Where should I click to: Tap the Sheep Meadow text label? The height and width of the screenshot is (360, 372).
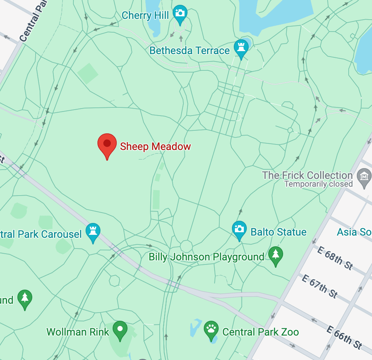155,146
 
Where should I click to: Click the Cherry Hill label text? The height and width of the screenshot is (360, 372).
145,16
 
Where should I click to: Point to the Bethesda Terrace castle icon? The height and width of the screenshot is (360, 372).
242,48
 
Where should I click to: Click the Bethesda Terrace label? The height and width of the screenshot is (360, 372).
189,50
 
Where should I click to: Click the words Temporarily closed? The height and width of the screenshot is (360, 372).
318,184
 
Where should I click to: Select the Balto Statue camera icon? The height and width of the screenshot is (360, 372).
239,229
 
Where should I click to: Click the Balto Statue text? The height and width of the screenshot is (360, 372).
279,232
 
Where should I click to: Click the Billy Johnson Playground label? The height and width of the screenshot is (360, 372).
206,257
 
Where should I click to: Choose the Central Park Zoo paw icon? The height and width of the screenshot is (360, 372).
211,329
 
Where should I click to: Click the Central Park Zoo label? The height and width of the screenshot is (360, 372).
260,332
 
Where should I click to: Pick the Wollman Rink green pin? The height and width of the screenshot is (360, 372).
120,329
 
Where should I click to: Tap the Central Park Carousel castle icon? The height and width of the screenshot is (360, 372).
93,231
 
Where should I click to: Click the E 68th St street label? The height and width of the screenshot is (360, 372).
335,258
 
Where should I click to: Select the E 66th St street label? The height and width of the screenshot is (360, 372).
344,337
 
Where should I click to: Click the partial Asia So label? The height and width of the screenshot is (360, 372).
354,232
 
